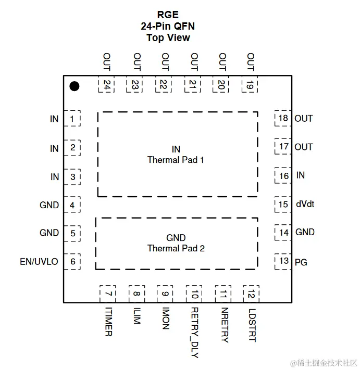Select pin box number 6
[x=72, y=261]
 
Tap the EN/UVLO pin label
[x=39, y=262]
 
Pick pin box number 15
[x=283, y=204]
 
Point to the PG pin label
[x=301, y=262]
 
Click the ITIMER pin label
[x=108, y=322]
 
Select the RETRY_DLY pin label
[x=194, y=333]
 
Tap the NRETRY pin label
[x=224, y=325]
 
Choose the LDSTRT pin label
[x=252, y=325]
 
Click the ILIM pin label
[x=136, y=315]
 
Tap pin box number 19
[x=250, y=85]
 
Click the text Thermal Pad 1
[x=176, y=160]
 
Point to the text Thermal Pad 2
[x=176, y=248]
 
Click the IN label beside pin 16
[x=300, y=175]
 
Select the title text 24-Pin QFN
[x=168, y=26]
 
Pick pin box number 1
[x=72, y=119]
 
